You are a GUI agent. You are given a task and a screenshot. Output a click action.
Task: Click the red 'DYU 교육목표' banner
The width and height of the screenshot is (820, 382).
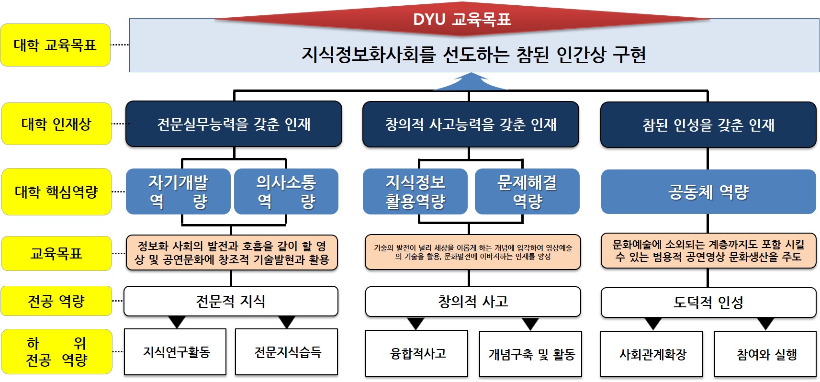462,19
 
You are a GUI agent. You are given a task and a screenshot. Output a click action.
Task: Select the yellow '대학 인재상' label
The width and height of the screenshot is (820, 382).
56,124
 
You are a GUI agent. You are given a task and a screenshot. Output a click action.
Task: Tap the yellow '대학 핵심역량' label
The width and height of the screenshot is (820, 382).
56,191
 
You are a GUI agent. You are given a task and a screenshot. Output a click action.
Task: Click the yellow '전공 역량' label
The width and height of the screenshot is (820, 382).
56,301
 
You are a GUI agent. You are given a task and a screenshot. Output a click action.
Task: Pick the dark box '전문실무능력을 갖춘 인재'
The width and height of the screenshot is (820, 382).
234,124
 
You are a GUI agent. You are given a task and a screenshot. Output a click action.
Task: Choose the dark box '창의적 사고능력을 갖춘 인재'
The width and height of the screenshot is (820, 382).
471,124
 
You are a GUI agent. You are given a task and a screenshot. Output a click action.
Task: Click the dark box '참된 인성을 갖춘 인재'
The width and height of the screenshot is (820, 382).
708,125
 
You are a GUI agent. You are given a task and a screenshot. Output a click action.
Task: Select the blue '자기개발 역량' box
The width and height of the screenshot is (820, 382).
178,191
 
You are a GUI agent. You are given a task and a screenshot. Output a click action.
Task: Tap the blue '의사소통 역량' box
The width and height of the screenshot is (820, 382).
286,191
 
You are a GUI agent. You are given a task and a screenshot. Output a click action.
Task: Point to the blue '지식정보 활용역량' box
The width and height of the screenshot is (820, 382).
415,191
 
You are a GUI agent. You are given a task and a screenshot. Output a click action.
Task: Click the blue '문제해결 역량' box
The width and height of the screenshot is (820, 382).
527,191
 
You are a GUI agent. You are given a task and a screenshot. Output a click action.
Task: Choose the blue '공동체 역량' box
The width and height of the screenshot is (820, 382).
708,191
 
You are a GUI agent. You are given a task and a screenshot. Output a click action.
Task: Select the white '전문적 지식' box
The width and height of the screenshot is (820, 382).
231,301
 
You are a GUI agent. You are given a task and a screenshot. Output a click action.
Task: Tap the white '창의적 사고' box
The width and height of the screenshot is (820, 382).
473,302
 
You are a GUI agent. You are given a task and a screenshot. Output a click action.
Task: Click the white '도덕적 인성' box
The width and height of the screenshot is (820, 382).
708,302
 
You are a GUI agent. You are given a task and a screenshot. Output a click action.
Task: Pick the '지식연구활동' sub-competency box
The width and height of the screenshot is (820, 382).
175,352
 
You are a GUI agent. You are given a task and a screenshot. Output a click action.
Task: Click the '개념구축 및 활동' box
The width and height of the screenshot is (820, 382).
530,354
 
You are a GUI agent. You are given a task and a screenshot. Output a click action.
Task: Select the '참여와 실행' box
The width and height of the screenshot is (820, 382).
765,354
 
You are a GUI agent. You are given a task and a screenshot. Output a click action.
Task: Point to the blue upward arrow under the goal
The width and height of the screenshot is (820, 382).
470,82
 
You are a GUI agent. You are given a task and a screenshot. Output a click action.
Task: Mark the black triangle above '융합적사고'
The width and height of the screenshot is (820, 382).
416,324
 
